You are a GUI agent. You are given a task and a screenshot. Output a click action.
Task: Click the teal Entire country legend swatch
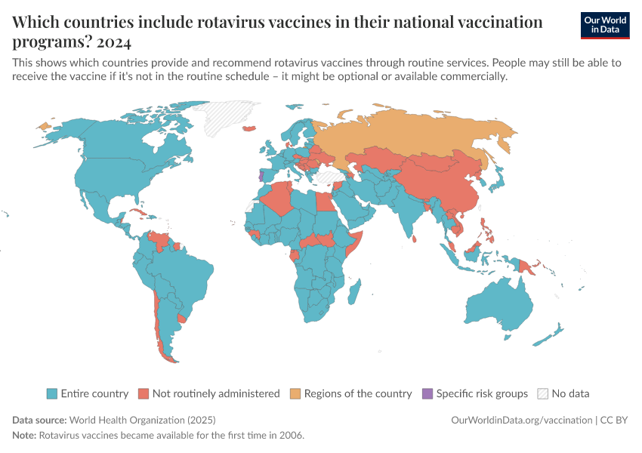(51, 393)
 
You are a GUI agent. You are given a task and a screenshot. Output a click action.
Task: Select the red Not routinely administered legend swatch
(144, 393)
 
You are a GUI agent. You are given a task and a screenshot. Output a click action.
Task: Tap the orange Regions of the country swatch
(295, 393)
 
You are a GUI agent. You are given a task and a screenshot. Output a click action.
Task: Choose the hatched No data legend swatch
(542, 393)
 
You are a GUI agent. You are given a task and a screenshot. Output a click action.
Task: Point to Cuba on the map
(137, 212)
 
